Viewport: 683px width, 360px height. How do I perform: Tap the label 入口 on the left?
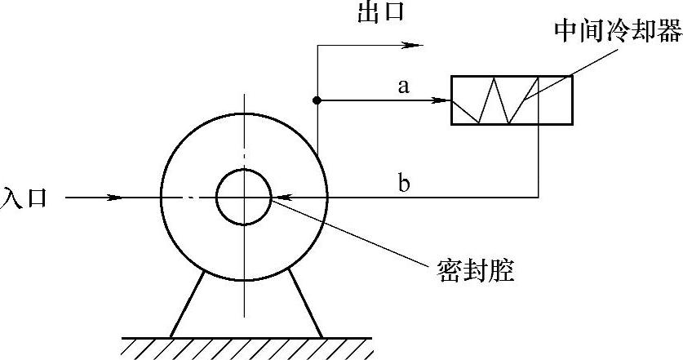coord(24,198)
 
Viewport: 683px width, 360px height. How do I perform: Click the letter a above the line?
coord(403,86)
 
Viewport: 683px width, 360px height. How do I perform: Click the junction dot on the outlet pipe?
coord(317,101)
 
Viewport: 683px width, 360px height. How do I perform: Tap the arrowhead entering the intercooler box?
coord(443,101)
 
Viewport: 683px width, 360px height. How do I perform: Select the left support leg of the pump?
coord(185,304)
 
